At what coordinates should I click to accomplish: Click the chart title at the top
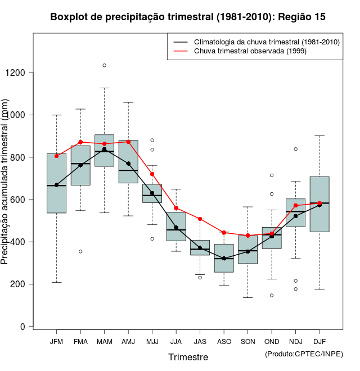(188, 17)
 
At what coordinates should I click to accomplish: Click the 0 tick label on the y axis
(22, 327)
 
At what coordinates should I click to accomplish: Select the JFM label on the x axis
(56, 341)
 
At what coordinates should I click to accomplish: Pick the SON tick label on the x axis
(248, 341)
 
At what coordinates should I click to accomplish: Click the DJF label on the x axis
(319, 341)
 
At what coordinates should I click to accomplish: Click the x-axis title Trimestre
(188, 357)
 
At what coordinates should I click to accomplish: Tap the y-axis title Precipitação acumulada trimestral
(5, 183)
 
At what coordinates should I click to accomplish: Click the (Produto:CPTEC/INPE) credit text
(304, 354)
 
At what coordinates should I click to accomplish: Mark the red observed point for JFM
(56, 156)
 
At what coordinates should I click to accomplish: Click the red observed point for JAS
(200, 219)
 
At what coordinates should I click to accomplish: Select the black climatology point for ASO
(224, 259)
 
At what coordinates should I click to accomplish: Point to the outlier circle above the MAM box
(104, 65)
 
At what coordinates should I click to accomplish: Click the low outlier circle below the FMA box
(80, 251)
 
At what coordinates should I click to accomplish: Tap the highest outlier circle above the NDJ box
(295, 149)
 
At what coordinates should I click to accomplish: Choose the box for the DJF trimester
(319, 204)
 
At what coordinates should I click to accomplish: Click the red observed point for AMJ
(128, 142)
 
